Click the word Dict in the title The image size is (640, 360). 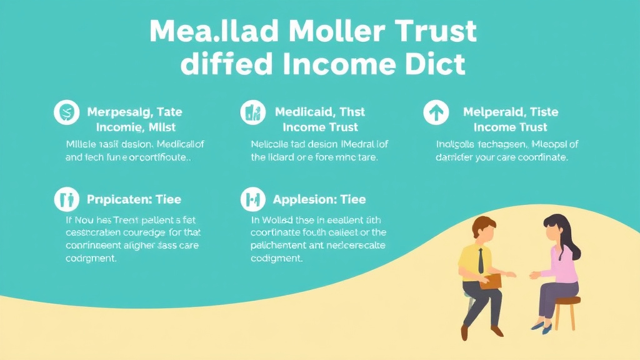coord(435,64)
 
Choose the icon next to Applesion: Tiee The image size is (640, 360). coord(252,200)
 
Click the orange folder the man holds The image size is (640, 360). coord(491,282)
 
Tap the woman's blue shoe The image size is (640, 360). coord(538,326)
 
